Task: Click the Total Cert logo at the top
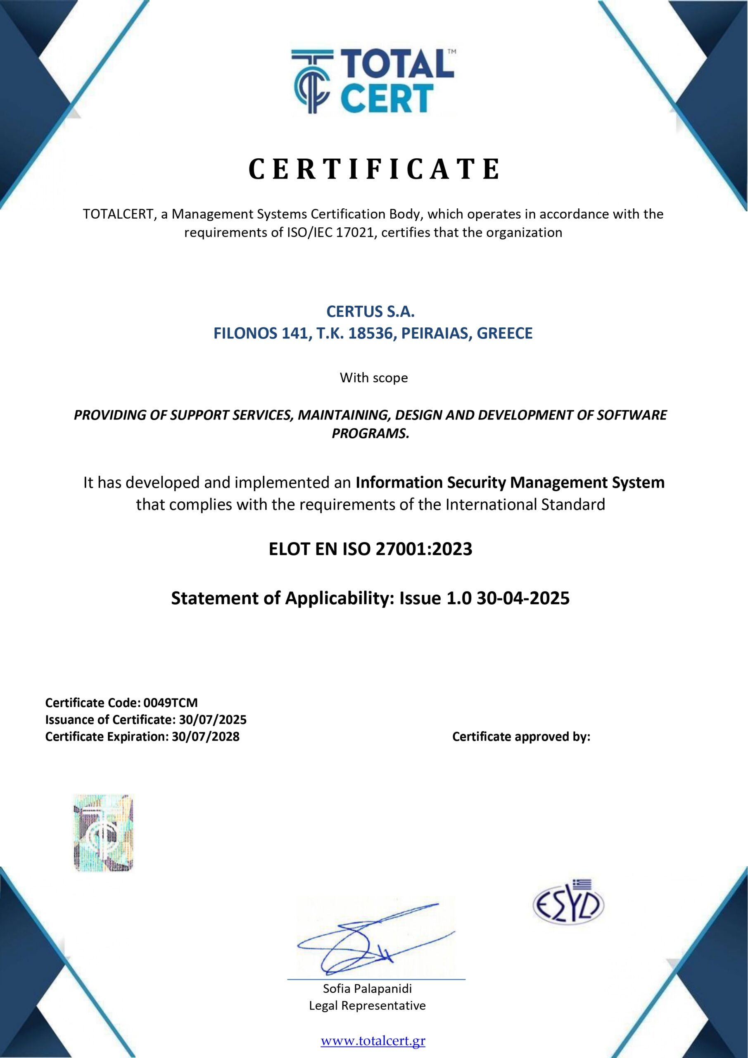[373, 82]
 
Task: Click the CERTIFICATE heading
[374, 169]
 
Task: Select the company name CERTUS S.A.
[370, 312]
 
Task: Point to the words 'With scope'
[373, 378]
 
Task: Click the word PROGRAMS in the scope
[370, 434]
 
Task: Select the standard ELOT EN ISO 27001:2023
[370, 549]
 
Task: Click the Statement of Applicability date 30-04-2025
[523, 598]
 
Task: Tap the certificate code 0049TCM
[171, 703]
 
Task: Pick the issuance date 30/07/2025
[213, 719]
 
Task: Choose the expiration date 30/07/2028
[205, 736]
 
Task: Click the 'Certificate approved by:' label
[521, 736]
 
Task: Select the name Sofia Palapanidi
[367, 989]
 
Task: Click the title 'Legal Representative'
[367, 1006]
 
